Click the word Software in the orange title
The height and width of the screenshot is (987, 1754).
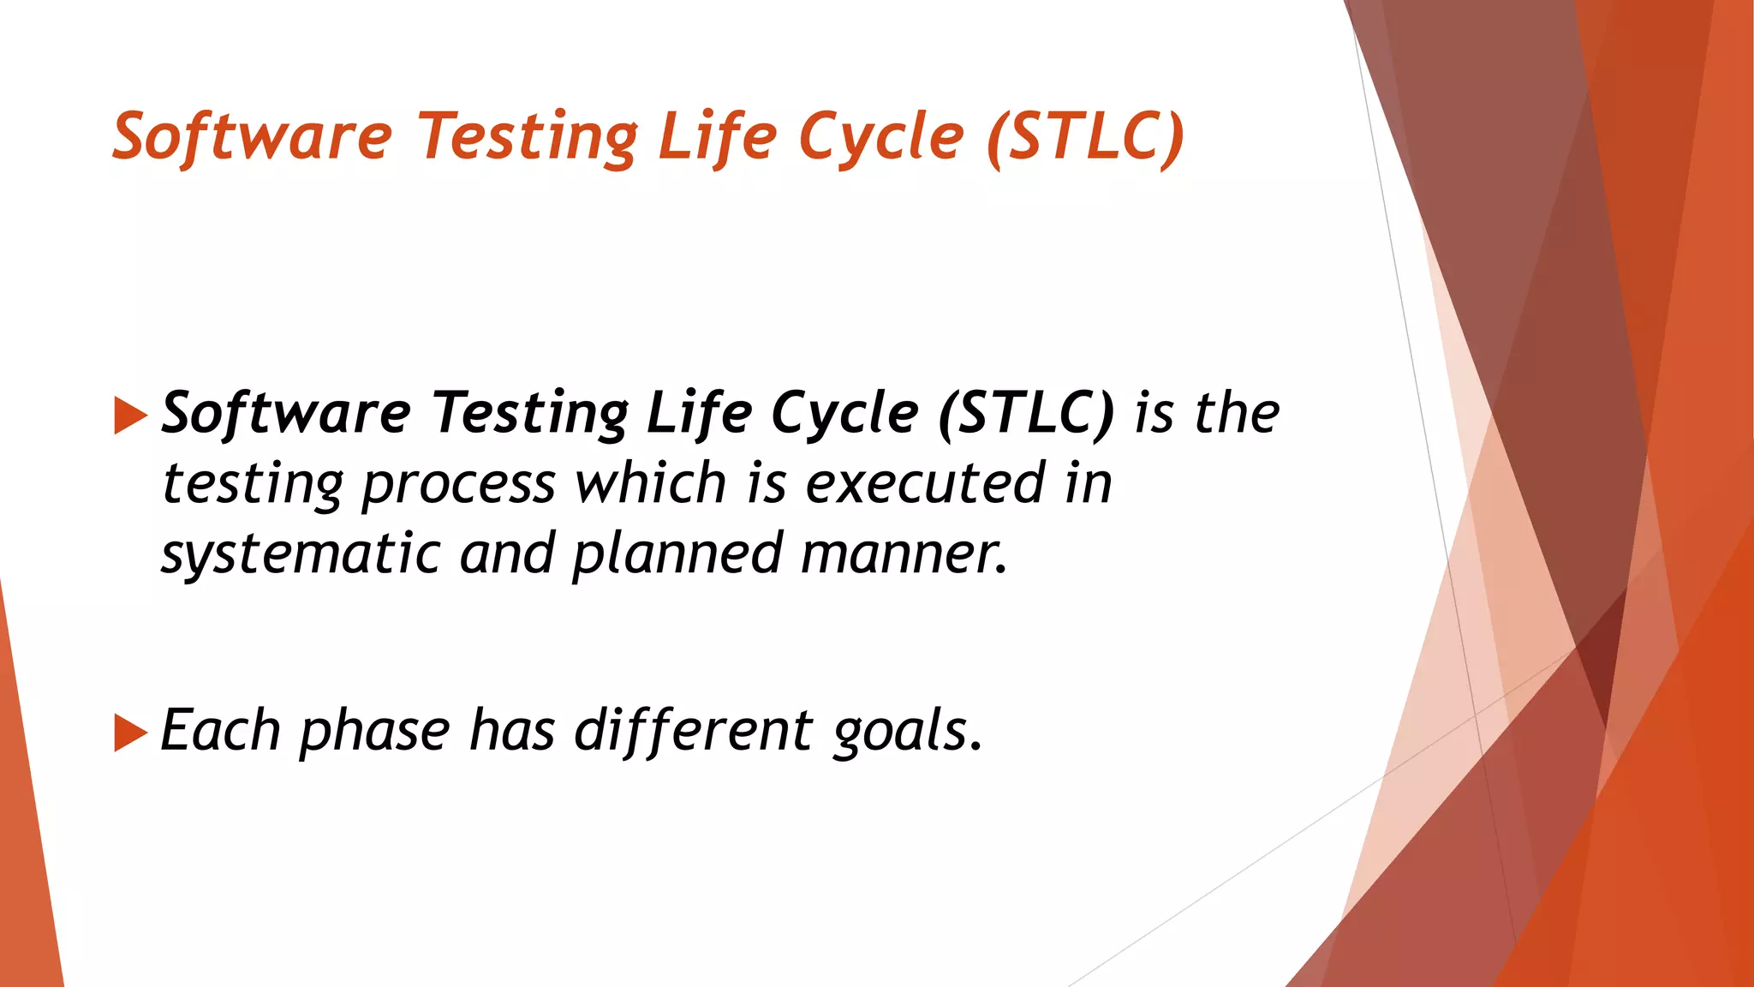(x=252, y=137)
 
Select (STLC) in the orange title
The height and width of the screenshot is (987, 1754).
(x=1085, y=137)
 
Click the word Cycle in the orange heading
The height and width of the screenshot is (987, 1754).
(x=881, y=137)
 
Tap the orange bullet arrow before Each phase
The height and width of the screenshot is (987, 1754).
(x=130, y=733)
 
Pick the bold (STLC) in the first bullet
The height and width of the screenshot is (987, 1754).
(x=1026, y=414)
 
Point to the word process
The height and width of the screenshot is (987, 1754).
(x=458, y=484)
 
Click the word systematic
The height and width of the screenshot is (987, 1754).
(x=300, y=554)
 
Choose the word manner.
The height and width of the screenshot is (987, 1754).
(x=904, y=554)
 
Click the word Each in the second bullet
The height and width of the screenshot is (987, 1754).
(x=220, y=731)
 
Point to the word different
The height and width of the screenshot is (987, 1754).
(x=693, y=731)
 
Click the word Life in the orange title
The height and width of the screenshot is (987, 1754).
(x=717, y=137)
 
